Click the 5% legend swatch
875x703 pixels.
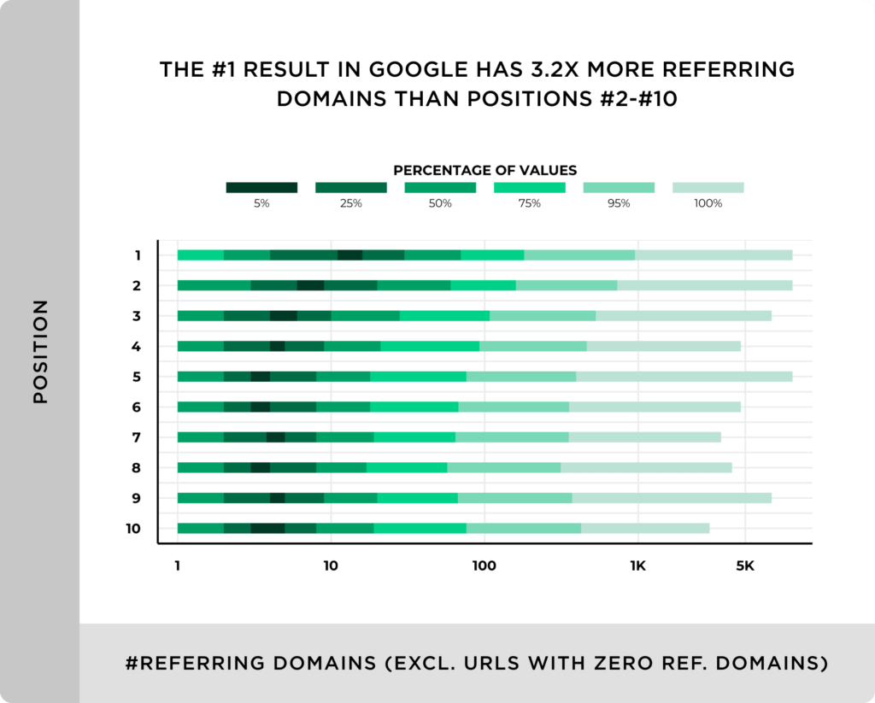pos(261,188)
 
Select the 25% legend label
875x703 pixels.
pos(350,204)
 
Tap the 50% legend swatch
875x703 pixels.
pos(440,188)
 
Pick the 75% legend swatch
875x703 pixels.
pos(529,188)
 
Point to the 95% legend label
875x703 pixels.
pos(619,204)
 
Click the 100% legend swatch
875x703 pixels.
pos(708,188)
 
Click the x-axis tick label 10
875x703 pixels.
pos(330,566)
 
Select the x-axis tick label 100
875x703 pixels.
pos(484,566)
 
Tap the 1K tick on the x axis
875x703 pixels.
pos(637,566)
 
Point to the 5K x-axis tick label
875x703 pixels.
pos(744,566)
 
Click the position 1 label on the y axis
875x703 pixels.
pos(137,255)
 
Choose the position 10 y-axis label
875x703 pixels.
pos(133,529)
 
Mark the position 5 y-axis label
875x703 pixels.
pos(137,377)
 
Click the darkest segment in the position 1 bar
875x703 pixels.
pos(349,255)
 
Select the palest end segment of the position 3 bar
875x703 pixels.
pos(683,316)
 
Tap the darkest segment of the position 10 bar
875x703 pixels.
pos(267,529)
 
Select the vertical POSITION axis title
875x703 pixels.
pos(40,351)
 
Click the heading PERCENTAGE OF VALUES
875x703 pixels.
pos(484,170)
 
